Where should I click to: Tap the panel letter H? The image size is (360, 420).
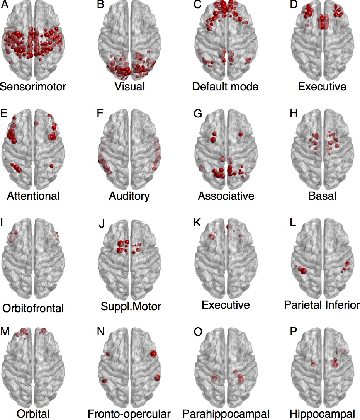[x=294, y=115]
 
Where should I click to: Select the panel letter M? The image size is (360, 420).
[x=5, y=333]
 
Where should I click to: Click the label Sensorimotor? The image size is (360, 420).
[x=33, y=86]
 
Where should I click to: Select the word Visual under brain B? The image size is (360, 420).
[x=130, y=86]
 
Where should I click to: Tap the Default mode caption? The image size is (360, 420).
[x=225, y=86]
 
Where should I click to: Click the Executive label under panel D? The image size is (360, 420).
[x=322, y=86]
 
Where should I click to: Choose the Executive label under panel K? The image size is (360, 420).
[x=226, y=305]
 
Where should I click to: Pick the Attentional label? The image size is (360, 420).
[x=33, y=196]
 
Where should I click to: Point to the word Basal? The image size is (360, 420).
[x=322, y=196]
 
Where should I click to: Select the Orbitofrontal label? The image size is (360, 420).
[x=33, y=308]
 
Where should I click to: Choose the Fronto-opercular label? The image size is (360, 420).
[x=129, y=414]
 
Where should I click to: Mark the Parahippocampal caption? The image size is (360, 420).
[x=226, y=414]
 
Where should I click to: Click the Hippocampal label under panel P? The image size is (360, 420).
[x=322, y=414]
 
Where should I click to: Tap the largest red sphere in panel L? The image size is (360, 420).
[x=302, y=271]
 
